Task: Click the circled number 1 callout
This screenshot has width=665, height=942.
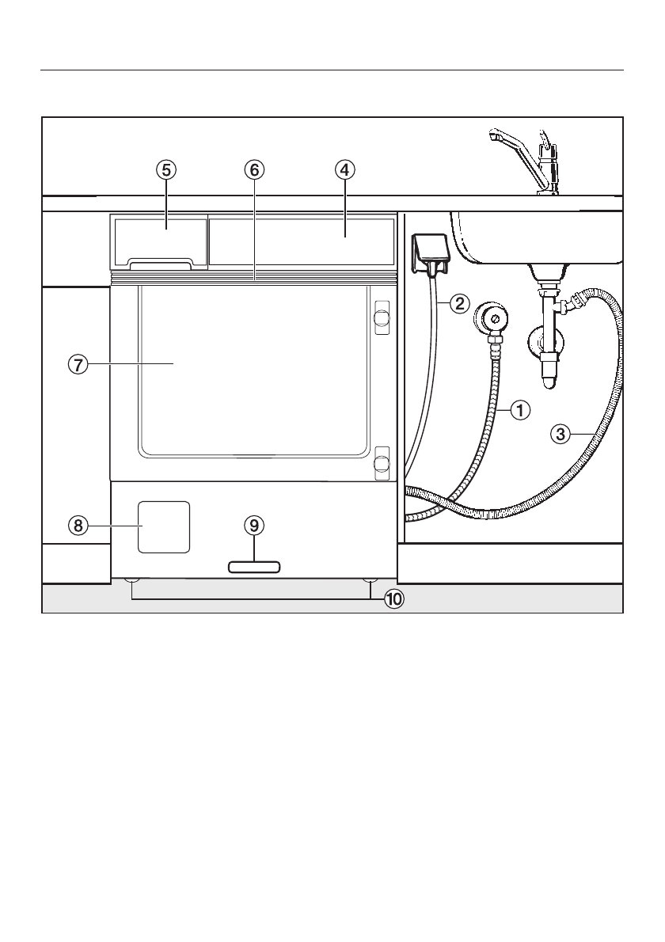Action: click(520, 411)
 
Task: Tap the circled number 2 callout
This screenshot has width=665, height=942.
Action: click(459, 303)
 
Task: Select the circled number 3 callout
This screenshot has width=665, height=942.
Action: click(560, 434)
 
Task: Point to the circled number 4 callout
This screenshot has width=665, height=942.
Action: click(344, 171)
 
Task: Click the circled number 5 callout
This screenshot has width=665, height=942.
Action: click(166, 171)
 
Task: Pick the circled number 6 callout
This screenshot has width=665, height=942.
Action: click(254, 171)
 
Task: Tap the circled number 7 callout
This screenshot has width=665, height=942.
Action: click(78, 364)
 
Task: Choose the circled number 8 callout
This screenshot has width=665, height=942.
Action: click(78, 526)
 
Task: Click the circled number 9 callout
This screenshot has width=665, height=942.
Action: click(254, 526)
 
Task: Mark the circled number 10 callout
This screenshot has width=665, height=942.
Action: click(393, 599)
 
